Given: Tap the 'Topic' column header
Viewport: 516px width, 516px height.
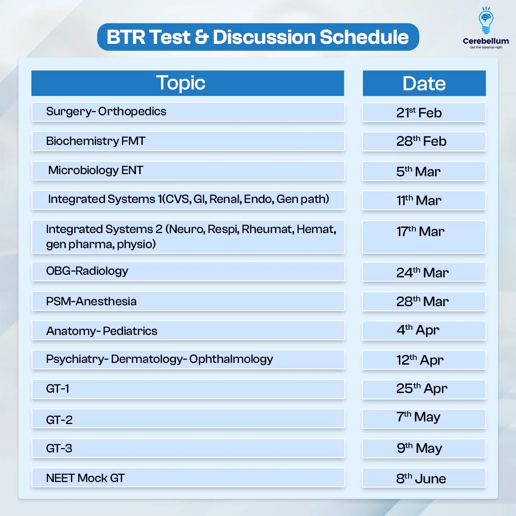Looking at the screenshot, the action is point(187,83).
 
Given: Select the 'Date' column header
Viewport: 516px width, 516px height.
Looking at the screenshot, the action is point(424,83).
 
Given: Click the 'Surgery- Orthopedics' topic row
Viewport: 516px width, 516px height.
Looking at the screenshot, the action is point(188,112).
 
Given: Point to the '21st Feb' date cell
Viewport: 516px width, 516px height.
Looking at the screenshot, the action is point(424,112).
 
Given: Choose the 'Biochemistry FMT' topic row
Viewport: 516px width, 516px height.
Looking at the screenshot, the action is point(188,141).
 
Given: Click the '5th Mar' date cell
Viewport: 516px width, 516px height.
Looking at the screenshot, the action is point(424,171).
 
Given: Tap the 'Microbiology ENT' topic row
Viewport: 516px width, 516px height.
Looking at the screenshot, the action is point(188,171).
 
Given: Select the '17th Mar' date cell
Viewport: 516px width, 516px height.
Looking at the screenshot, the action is point(424,236).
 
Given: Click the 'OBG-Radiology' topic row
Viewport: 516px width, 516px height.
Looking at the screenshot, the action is point(188,271).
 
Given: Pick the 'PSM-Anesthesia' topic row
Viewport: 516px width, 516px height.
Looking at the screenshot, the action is point(188,301).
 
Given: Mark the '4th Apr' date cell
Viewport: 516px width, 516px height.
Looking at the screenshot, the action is point(424,331).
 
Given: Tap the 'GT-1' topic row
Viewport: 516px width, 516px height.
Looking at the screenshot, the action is point(188,389).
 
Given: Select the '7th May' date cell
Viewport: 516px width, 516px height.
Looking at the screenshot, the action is point(424,418).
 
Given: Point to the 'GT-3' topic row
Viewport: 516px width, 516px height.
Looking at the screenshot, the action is point(188,448).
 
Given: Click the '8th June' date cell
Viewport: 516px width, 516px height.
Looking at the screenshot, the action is point(424,478).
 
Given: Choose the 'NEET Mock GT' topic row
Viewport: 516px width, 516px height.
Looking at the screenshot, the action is point(188,477).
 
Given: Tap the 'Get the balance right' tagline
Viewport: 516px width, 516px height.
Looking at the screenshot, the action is point(486,47).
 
